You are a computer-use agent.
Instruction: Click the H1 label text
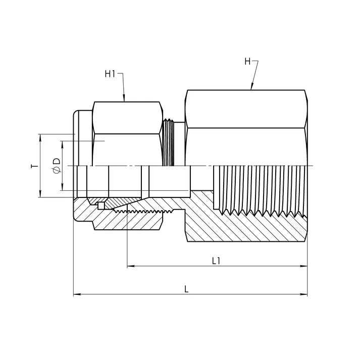pyautogui.click(x=110, y=74)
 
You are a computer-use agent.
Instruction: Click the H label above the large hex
pyautogui.click(x=247, y=62)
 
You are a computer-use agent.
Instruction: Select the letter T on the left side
pyautogui.click(x=34, y=166)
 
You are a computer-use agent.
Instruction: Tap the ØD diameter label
pyautogui.click(x=56, y=166)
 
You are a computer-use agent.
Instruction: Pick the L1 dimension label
pyautogui.click(x=216, y=261)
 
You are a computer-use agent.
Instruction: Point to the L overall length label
pyautogui.click(x=186, y=289)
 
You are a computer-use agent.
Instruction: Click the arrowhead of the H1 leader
pyautogui.click(x=124, y=98)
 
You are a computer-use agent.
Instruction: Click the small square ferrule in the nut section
pyautogui.click(x=101, y=205)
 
